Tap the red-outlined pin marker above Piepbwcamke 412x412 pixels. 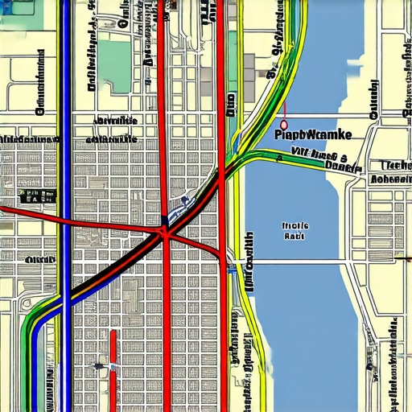[282, 125]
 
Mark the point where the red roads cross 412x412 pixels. [166, 233]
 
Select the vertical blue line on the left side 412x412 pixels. [64, 161]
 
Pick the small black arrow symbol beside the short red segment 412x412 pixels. [99, 367]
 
